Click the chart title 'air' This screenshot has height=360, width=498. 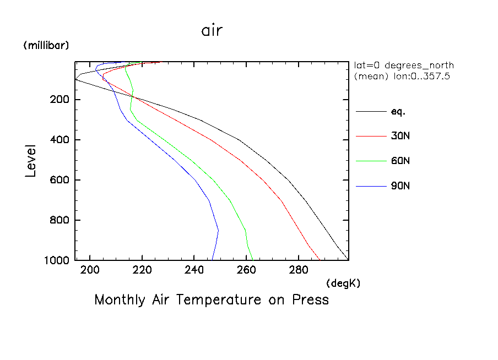(x=212, y=31)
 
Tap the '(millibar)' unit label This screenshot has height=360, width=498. (x=46, y=46)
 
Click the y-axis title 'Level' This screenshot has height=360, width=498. (x=31, y=161)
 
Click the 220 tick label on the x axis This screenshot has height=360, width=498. (x=142, y=270)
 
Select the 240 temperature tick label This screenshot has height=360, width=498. (x=194, y=270)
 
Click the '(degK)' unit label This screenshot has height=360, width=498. (x=343, y=283)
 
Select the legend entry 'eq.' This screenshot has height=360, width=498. (x=398, y=112)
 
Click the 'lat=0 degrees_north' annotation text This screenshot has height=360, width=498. (x=404, y=66)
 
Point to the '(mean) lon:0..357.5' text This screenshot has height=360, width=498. (x=402, y=77)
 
